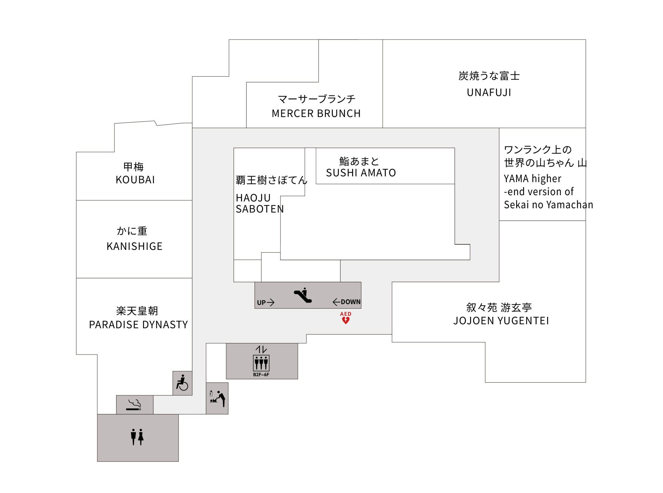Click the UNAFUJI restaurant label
point(489,92)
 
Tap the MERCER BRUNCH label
point(316,113)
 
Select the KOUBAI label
point(135,180)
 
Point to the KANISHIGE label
point(134,246)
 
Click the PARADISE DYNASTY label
point(138,325)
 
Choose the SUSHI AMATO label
point(361,173)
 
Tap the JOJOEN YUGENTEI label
point(501,321)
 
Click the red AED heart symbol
point(346,320)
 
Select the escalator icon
point(303,295)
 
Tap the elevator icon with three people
point(261,363)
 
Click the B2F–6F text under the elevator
point(261,375)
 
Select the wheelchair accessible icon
point(182,383)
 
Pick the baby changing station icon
point(217,398)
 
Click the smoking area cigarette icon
point(134,405)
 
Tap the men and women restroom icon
point(137,437)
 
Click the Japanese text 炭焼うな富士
point(489,76)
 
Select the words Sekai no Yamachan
point(548,205)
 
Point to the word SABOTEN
point(260,209)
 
